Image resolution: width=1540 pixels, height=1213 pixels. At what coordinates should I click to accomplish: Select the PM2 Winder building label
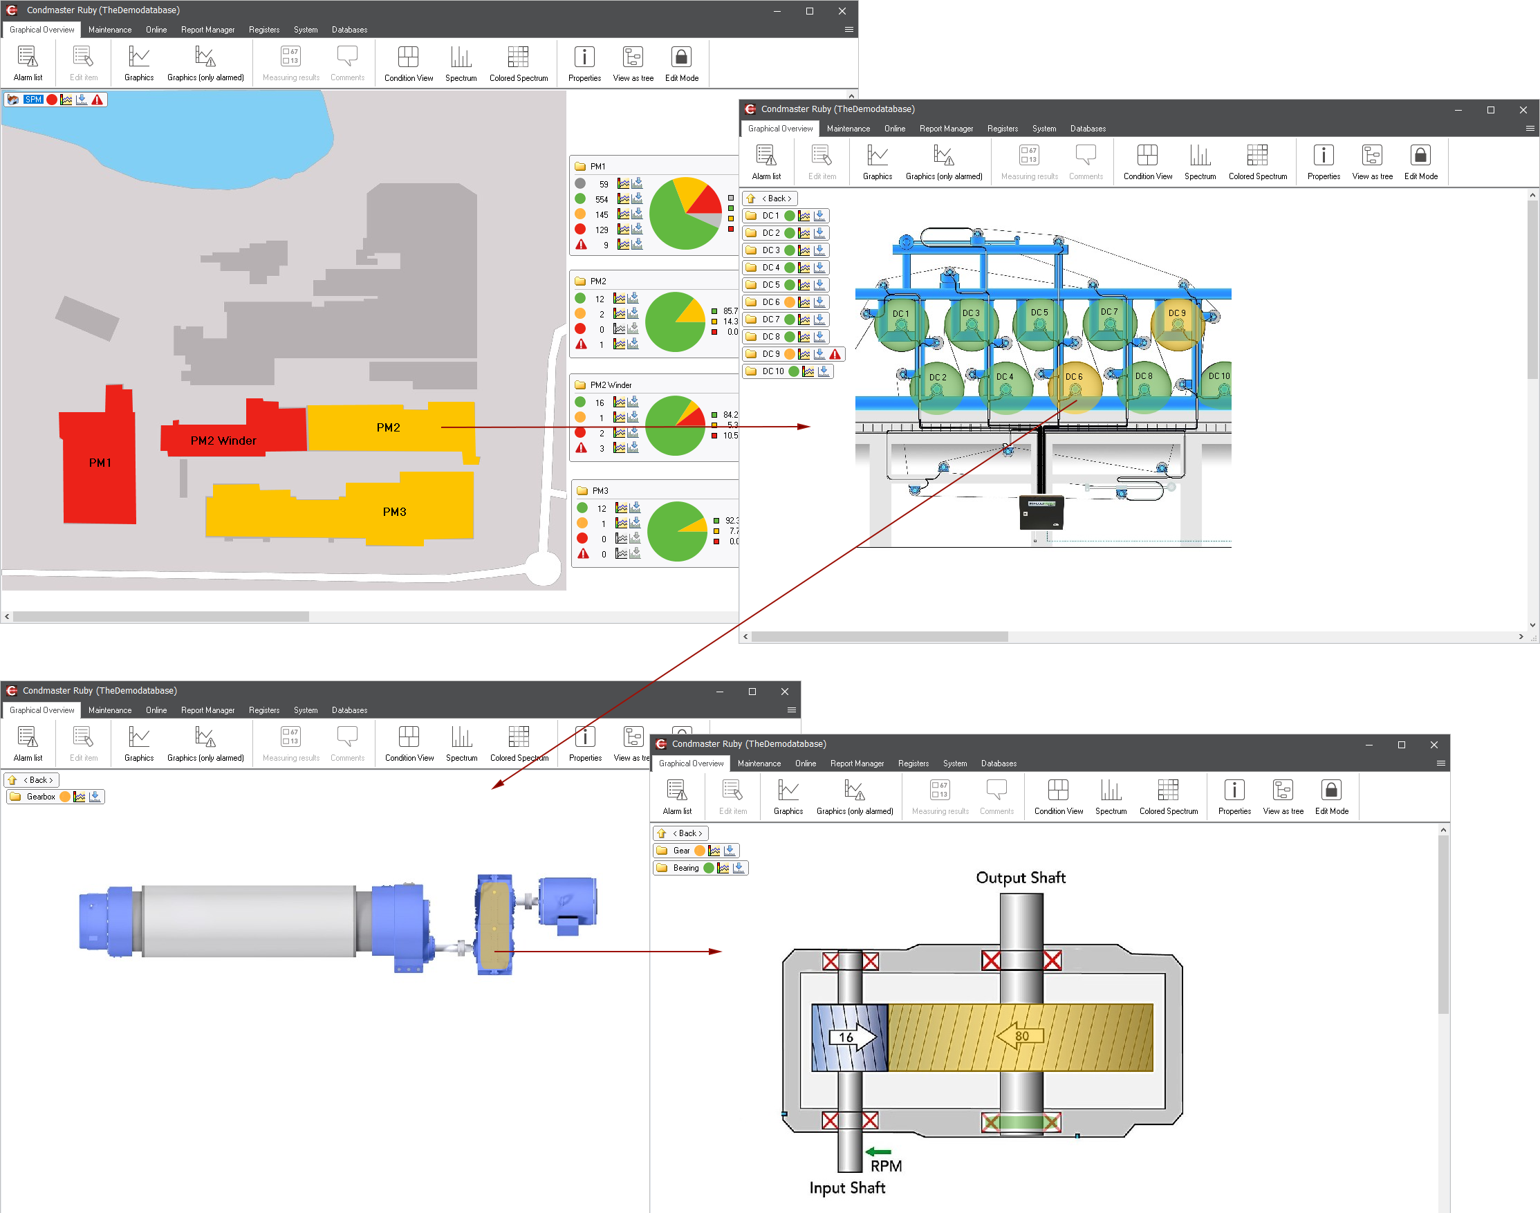click(223, 441)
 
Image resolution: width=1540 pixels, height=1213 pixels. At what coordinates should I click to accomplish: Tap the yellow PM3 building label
click(394, 512)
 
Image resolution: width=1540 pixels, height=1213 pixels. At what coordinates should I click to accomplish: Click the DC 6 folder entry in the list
click(771, 302)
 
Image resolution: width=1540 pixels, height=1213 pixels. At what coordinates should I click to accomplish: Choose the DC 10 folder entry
click(772, 371)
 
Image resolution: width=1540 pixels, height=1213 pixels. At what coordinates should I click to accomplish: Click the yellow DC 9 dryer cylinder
click(1176, 323)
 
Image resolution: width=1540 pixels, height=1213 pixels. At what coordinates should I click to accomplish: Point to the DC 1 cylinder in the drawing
click(900, 324)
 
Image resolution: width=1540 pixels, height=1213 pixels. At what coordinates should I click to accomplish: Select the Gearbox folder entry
click(41, 797)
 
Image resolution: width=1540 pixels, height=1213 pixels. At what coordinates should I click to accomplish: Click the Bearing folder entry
click(686, 868)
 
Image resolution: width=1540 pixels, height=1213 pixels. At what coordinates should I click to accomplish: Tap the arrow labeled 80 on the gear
click(1020, 1036)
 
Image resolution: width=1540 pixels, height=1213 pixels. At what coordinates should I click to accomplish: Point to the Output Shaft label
click(1020, 878)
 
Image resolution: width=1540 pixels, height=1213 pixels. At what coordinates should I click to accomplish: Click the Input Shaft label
click(847, 1187)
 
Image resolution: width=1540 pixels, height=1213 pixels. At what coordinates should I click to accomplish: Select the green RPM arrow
click(878, 1152)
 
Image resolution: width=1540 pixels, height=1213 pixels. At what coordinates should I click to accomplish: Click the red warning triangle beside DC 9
click(835, 354)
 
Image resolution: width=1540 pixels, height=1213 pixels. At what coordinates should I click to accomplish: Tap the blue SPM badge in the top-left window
click(33, 100)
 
